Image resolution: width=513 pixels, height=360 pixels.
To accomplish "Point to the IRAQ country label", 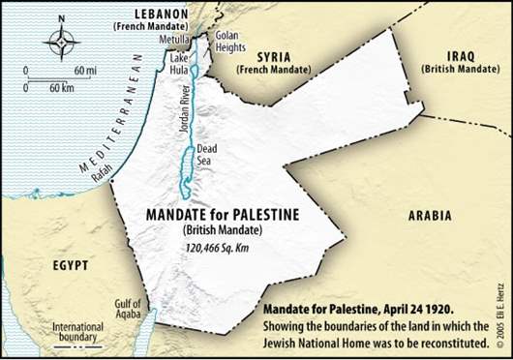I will click(460, 57).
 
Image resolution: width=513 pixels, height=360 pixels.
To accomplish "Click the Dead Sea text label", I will click(207, 155).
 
